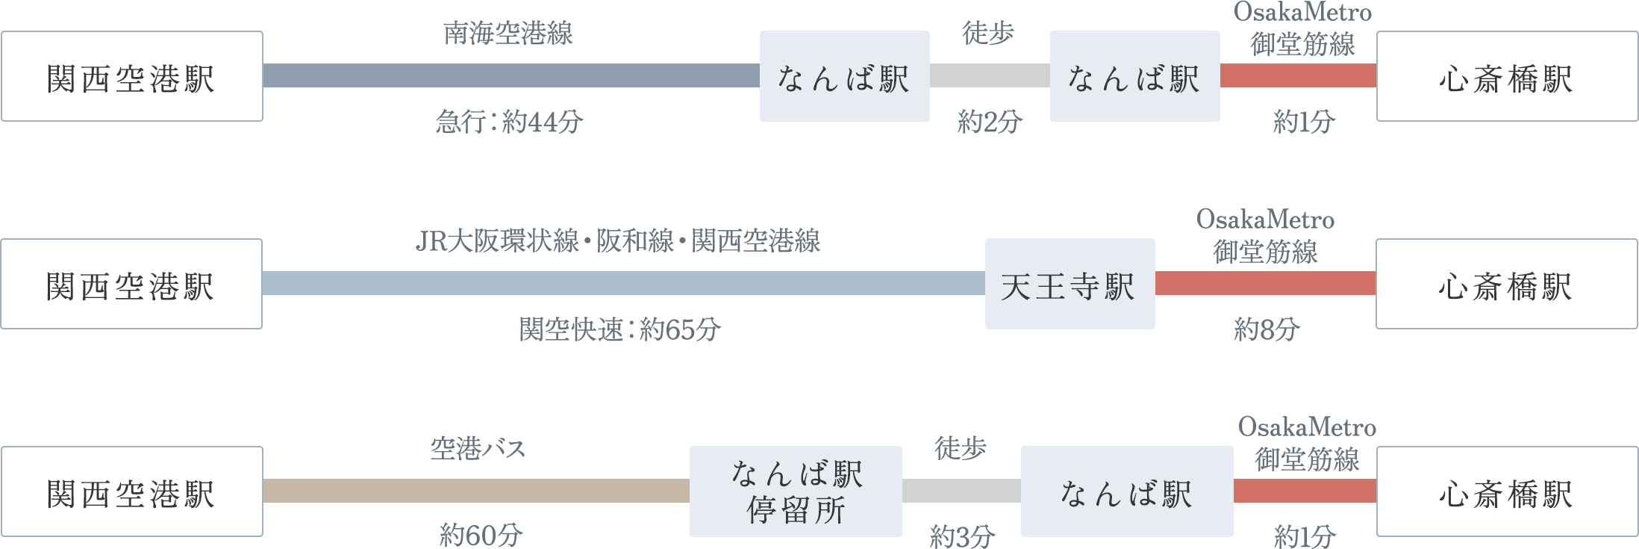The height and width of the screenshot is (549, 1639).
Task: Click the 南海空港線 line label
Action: pos(508,34)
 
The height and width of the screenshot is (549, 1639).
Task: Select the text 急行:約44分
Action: pos(509,121)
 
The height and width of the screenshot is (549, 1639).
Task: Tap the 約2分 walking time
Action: pos(990,121)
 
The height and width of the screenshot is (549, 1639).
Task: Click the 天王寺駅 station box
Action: pos(1070,284)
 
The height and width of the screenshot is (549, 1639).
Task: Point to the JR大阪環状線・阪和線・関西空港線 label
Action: pos(617,241)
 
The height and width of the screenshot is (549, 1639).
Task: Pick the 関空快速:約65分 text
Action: pos(619,329)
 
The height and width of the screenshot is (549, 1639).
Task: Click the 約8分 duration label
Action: pos(1267,329)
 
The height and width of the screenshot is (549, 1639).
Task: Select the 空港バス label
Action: pos(478,448)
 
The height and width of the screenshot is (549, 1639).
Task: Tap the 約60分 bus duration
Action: pos(481,536)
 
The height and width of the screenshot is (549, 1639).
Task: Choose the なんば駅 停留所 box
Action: pos(796,491)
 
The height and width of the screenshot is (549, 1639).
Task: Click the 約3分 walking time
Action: pos(962,536)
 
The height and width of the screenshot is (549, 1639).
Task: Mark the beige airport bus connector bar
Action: pos(476,491)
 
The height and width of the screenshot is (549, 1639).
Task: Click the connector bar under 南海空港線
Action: pos(511,75)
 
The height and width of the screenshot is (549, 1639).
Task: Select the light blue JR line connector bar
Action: pos(623,283)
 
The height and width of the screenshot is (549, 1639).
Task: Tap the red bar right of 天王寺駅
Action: pos(1265,283)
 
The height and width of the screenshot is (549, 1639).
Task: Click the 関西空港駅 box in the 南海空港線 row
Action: pos(132,76)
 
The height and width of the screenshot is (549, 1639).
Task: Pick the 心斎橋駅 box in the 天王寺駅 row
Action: pos(1506,284)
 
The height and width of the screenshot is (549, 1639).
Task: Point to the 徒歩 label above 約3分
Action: pos(961,448)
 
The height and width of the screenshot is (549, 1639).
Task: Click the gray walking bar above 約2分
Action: pos(990,75)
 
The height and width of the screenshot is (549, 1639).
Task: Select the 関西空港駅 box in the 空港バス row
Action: pos(132,491)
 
